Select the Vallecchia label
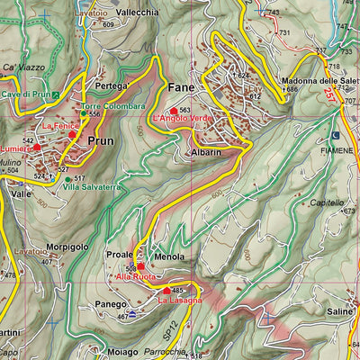(138, 13)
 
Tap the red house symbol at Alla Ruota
(140, 267)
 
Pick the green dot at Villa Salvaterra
(67, 179)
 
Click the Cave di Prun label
(24, 94)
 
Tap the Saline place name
(340, 311)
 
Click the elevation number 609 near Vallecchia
(109, 24)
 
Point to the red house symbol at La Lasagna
(166, 291)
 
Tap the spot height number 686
(292, 89)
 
